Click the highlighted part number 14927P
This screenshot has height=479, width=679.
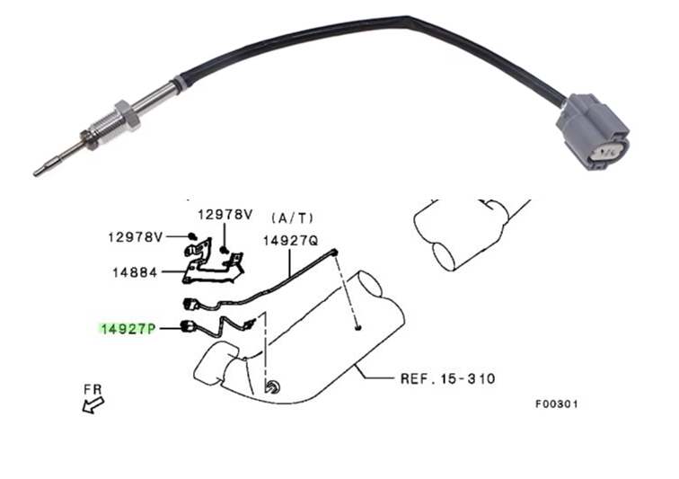tap(128, 330)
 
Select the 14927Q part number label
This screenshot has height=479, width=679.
tap(290, 241)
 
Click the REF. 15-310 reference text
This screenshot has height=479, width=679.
tap(446, 378)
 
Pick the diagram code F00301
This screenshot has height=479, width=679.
tap(557, 404)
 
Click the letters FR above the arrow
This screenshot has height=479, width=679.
tap(93, 389)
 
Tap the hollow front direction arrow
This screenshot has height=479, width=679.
tap(89, 405)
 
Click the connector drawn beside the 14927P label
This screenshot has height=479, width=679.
tap(189, 327)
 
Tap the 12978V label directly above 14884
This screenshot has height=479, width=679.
tap(134, 237)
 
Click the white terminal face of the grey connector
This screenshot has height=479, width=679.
tap(604, 154)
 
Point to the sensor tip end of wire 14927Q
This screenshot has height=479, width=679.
tap(334, 254)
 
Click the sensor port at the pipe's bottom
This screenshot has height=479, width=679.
tap(270, 387)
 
